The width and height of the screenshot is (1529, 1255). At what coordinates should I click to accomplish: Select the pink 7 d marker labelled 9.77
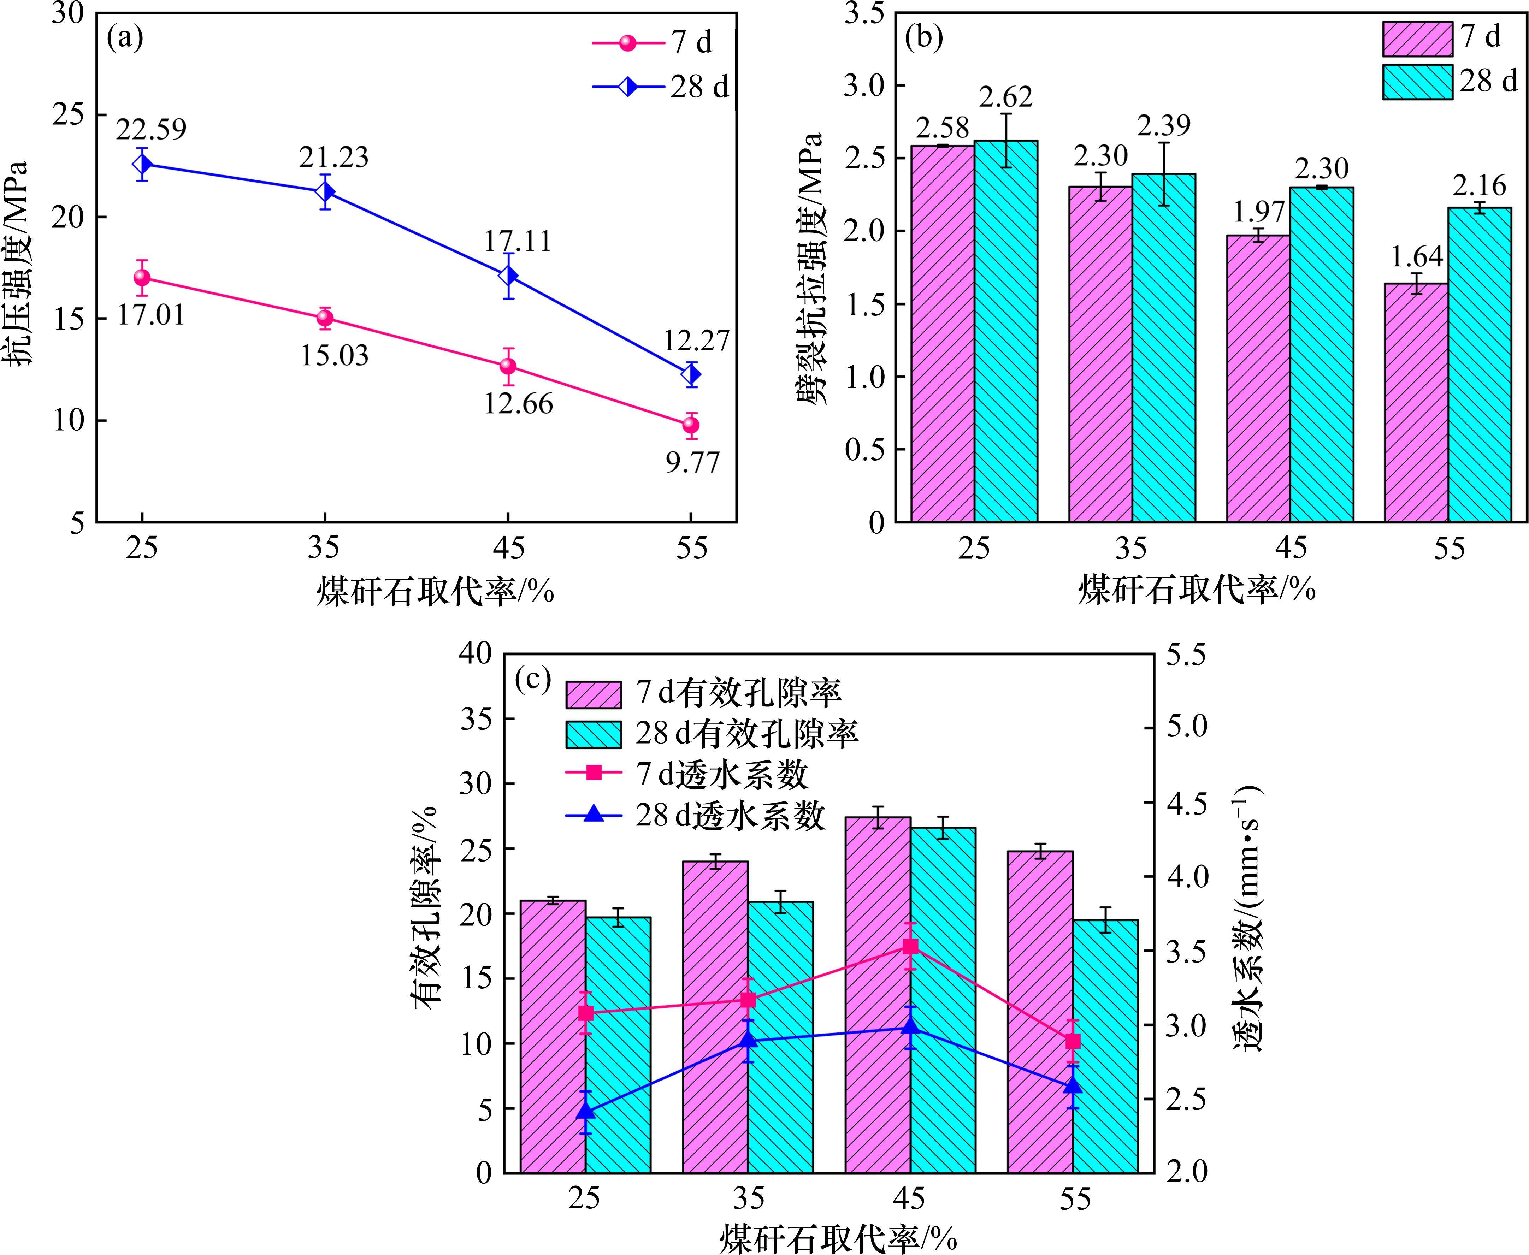point(691,425)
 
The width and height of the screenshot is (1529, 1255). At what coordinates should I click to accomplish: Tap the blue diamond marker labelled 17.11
point(508,276)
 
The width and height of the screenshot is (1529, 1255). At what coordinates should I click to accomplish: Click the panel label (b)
point(924,37)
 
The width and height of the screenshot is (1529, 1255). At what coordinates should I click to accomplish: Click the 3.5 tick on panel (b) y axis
point(864,14)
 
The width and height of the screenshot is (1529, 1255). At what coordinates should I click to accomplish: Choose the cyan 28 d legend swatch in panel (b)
point(1417,82)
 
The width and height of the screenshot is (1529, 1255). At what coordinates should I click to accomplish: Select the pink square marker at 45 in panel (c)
point(910,946)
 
